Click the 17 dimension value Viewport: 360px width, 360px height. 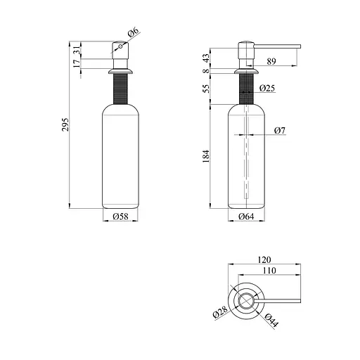pyautogui.click(x=77, y=63)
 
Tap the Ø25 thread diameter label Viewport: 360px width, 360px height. pyautogui.click(x=266, y=89)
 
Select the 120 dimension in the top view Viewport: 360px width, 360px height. pyautogui.click(x=266, y=259)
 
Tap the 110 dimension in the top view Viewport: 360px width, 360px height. pyautogui.click(x=268, y=271)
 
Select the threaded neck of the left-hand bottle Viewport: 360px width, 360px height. pyautogui.click(x=120, y=89)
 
